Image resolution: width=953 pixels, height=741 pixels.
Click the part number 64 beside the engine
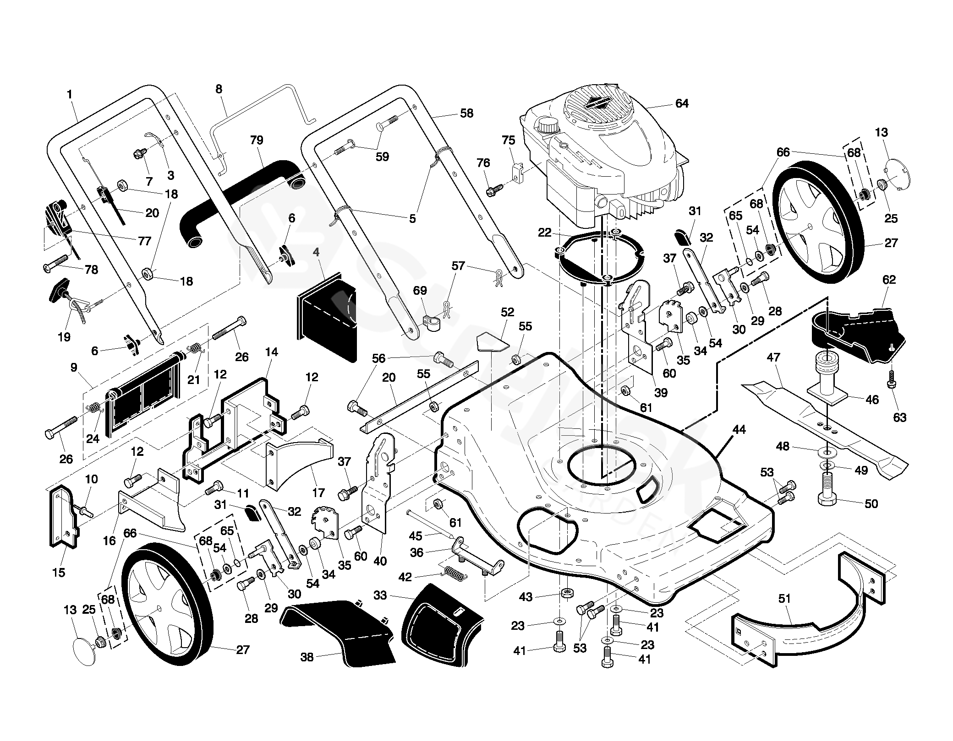click(682, 104)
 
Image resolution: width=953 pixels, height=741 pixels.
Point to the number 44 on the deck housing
click(739, 430)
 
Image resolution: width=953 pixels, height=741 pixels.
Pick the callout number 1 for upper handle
click(70, 95)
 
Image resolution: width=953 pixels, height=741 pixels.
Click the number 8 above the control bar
click(219, 89)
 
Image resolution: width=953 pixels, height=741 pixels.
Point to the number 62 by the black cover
click(888, 280)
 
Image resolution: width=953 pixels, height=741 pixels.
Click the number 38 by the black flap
click(307, 657)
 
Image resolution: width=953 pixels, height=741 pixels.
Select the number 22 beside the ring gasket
click(544, 233)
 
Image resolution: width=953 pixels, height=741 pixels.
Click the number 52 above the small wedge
click(507, 312)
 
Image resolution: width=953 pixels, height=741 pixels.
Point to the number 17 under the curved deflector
click(318, 492)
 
